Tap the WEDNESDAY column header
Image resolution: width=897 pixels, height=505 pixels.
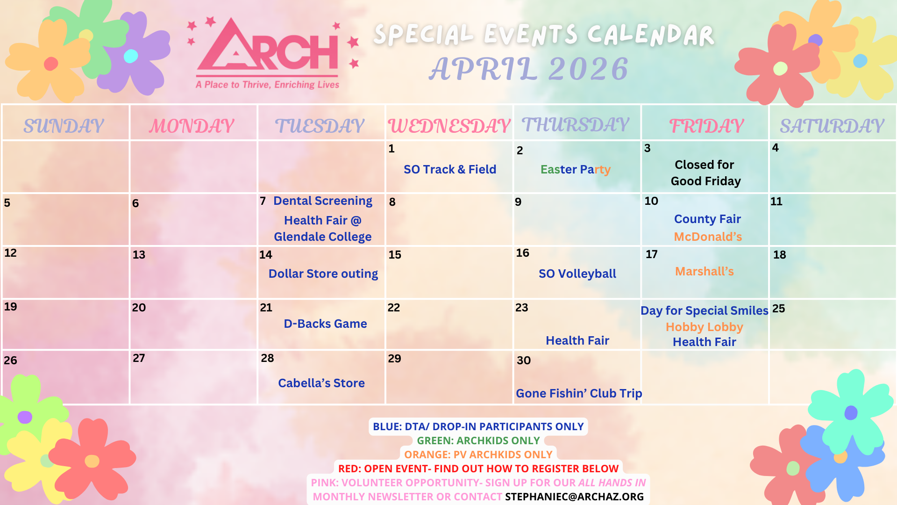(449, 126)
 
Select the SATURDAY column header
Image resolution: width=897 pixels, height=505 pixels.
(832, 126)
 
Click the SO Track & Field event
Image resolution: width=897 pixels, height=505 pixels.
(450, 169)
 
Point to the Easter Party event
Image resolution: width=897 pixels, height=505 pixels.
(576, 170)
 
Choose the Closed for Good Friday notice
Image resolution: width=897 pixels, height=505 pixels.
(705, 173)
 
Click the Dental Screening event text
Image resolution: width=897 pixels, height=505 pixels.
(323, 201)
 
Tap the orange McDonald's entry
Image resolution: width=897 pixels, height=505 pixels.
(708, 237)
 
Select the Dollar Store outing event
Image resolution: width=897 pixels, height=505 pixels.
(323, 274)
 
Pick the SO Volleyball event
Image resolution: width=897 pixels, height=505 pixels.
(577, 274)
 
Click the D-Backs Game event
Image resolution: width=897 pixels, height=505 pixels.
(325, 324)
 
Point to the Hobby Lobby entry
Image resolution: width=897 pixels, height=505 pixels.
(705, 327)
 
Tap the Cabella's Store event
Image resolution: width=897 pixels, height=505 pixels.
(321, 383)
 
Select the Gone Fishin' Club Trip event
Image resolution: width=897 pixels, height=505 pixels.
(579, 393)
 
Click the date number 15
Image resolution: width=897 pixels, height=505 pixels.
(395, 255)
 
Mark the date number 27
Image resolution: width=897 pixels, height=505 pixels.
(139, 358)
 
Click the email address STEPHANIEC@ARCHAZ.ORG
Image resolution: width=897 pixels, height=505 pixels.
(574, 497)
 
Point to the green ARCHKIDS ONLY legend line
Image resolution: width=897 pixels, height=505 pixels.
(478, 440)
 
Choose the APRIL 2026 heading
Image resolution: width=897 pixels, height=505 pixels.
(529, 69)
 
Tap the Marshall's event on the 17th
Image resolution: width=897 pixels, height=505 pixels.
(705, 271)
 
